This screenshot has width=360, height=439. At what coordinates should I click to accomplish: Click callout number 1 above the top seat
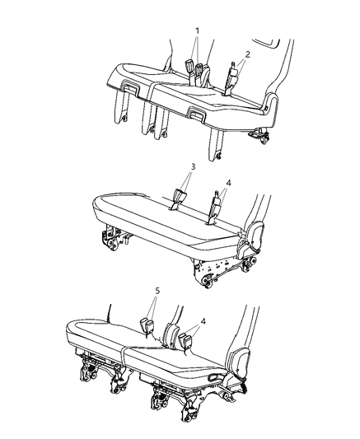(x=196, y=30)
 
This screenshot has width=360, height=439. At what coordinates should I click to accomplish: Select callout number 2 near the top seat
(x=247, y=51)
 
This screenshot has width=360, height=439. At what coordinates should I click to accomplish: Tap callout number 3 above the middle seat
(x=191, y=167)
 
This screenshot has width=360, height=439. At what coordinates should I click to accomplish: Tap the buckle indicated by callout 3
(x=180, y=198)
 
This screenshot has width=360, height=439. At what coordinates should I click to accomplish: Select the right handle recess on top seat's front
(x=198, y=112)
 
